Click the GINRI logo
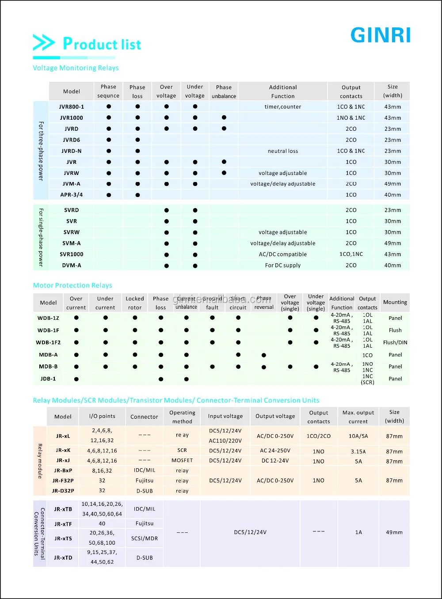pyautogui.click(x=381, y=35)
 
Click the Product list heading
pyautogui.click(x=102, y=44)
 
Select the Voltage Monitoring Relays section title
pyautogui.click(x=76, y=68)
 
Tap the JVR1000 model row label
pyautogui.click(x=72, y=118)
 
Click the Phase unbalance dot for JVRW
pyautogui.click(x=224, y=173)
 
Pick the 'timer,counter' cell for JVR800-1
pyautogui.click(x=283, y=107)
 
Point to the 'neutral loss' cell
pyautogui.click(x=283, y=151)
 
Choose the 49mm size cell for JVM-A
pyautogui.click(x=392, y=184)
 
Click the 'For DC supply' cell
pyautogui.click(x=283, y=265)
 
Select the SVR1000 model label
pyautogui.click(x=72, y=254)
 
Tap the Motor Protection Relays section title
pyautogui.click(x=72, y=285)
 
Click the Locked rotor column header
pyautogui.click(x=135, y=303)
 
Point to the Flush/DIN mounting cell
pyautogui.click(x=395, y=342)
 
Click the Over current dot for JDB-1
pyautogui.click(x=76, y=379)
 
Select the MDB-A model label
pyautogui.click(x=48, y=355)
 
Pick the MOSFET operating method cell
pyautogui.click(x=182, y=460)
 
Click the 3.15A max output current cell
pyautogui.click(x=358, y=451)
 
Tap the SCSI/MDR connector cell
pyautogui.click(x=145, y=538)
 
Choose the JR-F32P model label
pyautogui.click(x=63, y=481)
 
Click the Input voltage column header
pyautogui.click(x=225, y=416)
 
